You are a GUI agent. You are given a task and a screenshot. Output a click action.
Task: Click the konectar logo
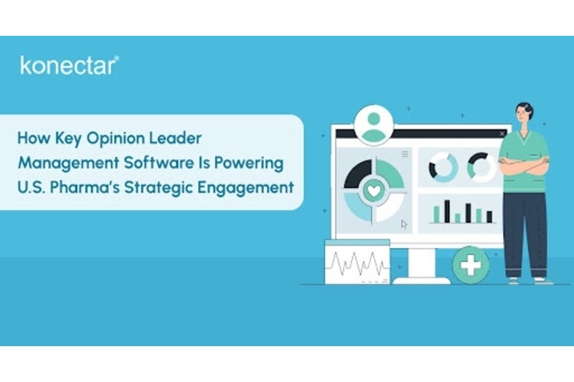pyautogui.click(x=70, y=66)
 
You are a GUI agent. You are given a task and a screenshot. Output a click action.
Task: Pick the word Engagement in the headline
pyautogui.click(x=245, y=188)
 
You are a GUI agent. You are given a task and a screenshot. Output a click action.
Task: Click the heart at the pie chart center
pyautogui.click(x=374, y=191)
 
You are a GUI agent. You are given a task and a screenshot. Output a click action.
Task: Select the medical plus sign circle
pyautogui.click(x=471, y=265)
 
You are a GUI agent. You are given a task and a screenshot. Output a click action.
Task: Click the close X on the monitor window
pyautogui.click(x=502, y=134)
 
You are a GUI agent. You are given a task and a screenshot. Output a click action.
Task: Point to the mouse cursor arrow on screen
pyautogui.click(x=404, y=224)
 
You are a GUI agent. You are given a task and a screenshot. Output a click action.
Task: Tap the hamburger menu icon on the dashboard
pyautogui.click(x=405, y=154)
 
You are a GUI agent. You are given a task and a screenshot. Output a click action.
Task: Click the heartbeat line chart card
pyautogui.click(x=357, y=262)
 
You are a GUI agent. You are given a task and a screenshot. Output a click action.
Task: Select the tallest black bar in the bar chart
pyautogui.click(x=447, y=211)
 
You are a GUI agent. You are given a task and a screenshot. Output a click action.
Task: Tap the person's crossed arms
pyautogui.click(x=524, y=166)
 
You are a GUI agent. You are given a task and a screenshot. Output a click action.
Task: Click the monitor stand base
pyautogui.click(x=422, y=280)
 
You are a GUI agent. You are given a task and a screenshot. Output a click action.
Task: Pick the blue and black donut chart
pyautogui.click(x=443, y=167)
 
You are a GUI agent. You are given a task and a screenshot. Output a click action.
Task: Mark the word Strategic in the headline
pyautogui.click(x=159, y=188)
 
